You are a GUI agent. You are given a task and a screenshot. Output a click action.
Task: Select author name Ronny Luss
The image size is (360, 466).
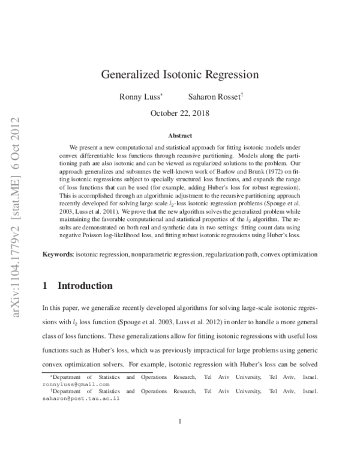[x=139, y=96]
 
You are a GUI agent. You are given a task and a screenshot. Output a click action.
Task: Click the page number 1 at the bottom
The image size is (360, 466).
[x=180, y=421]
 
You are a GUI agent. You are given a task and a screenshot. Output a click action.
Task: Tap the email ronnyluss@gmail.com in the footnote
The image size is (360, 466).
[x=76, y=384]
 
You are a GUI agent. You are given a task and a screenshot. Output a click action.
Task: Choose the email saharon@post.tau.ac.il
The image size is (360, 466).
[x=80, y=398]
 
